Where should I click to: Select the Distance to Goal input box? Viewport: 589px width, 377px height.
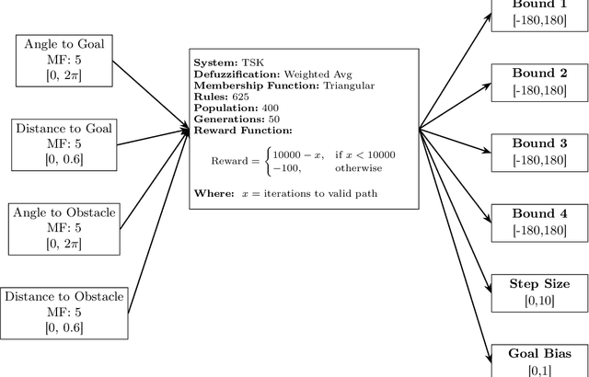pos(64,143)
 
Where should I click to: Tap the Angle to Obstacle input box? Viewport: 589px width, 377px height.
pos(64,227)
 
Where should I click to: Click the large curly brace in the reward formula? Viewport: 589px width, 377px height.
pos(267,161)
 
